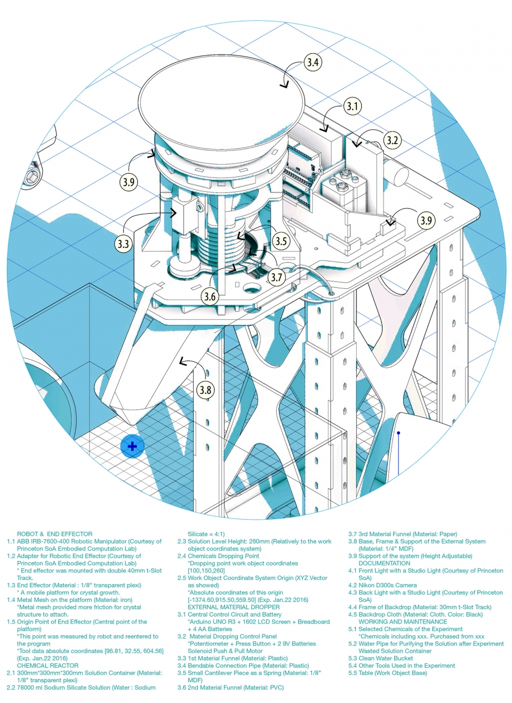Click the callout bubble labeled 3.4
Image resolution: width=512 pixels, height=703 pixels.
313,62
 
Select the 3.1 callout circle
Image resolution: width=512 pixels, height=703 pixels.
352,106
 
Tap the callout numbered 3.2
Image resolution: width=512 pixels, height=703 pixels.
392,140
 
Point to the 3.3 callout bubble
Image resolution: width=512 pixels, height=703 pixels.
123,244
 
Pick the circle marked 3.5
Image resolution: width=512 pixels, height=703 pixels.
281,241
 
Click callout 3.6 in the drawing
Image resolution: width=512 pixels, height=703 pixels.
210,296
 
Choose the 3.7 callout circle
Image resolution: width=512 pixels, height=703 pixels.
276,277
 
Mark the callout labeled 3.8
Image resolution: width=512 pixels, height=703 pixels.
205,390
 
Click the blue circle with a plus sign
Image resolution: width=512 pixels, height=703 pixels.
132,446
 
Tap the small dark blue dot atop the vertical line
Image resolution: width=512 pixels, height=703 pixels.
398,433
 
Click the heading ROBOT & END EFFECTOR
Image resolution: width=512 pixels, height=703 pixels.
54,534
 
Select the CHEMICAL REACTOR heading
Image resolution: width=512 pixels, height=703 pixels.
48,665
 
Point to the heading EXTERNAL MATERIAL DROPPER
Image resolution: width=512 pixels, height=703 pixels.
234,607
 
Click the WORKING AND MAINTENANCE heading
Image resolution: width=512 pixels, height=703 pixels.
403,621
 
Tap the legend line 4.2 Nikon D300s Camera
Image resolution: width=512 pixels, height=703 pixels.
382,585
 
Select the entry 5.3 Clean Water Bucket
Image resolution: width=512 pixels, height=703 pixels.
381,658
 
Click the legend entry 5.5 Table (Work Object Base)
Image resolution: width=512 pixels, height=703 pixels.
388,673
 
